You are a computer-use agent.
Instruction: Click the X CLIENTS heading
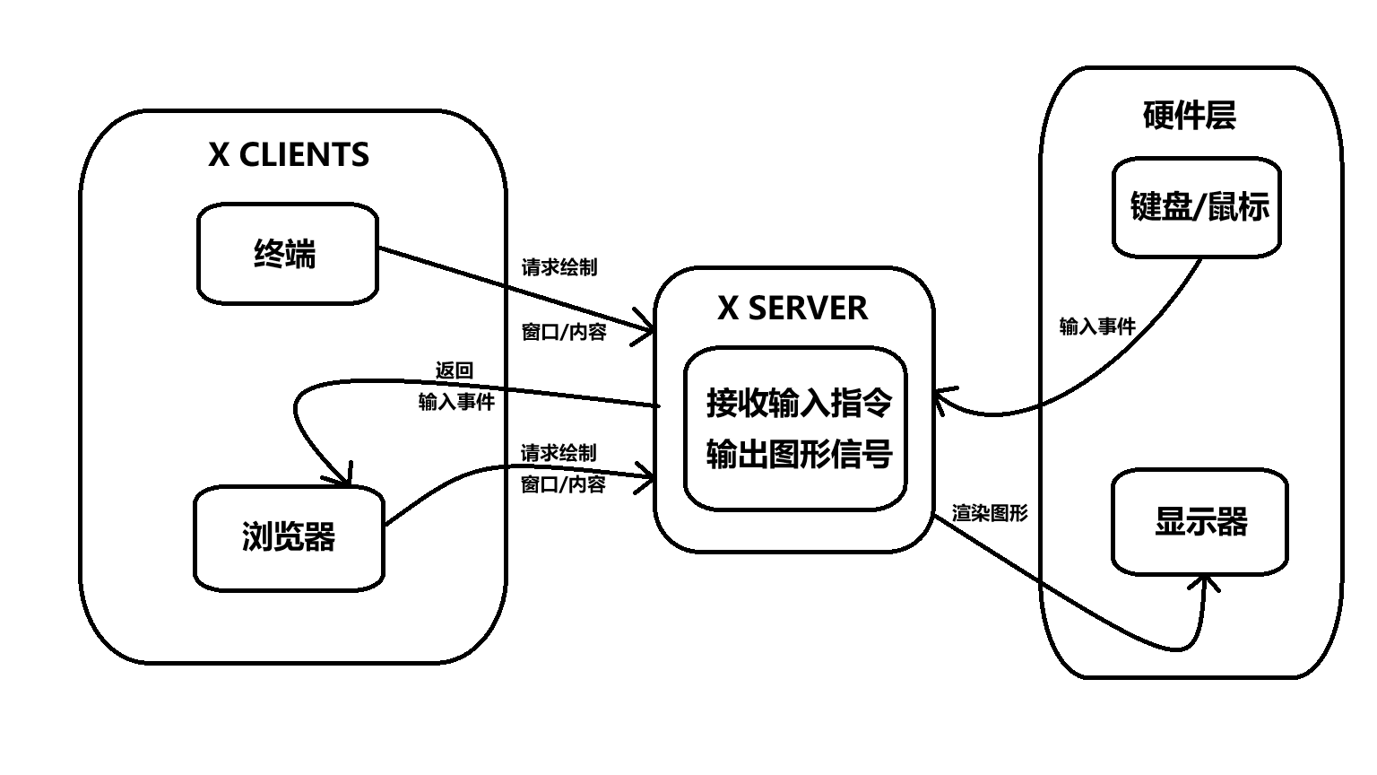[289, 155]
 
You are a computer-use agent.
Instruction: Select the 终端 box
[287, 254]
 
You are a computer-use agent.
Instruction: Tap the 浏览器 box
[289, 536]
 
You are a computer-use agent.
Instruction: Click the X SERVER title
[792, 309]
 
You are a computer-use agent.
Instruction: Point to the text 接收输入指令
[799, 403]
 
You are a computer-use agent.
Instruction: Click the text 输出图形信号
[799, 454]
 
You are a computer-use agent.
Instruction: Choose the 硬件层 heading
[1190, 116]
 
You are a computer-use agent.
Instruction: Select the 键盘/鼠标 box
[1198, 207]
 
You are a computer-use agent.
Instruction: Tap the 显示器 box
[1200, 521]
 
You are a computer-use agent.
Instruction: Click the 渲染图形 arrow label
[990, 514]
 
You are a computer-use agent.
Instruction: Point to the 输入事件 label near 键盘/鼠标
[1097, 327]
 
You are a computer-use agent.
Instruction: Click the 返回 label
[454, 370]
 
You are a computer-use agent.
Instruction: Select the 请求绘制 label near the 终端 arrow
[559, 267]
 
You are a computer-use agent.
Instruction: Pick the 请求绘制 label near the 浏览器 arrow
[559, 453]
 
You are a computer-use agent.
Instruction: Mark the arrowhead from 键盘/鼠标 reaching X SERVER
[941, 398]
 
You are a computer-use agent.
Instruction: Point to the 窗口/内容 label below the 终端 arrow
[564, 332]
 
